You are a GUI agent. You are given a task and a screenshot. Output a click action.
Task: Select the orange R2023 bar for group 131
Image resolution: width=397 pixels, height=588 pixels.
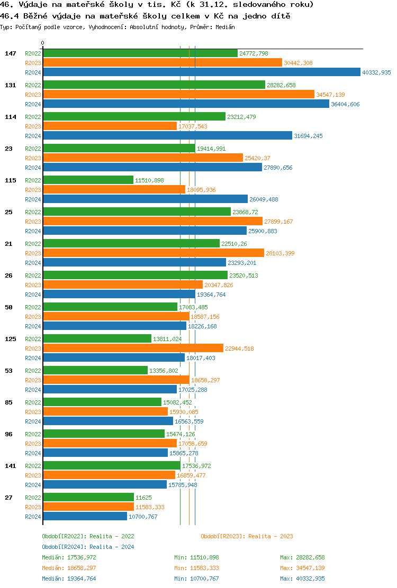coord(178,95)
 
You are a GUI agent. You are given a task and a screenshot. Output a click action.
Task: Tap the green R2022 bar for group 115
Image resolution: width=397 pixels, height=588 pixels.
coord(88,180)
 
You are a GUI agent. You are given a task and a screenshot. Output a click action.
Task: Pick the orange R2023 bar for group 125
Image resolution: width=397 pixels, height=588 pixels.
coord(133,348)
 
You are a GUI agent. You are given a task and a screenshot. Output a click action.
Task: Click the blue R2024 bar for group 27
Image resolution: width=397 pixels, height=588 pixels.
coord(85,517)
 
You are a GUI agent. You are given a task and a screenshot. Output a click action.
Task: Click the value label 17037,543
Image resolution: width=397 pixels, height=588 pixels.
coord(193,126)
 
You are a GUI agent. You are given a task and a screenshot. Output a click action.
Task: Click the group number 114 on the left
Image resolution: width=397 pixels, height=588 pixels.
coord(11,117)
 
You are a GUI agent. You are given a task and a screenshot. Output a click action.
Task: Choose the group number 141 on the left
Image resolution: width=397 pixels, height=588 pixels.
coord(11,466)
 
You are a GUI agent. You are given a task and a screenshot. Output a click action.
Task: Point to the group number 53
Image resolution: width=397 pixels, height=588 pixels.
coord(9,371)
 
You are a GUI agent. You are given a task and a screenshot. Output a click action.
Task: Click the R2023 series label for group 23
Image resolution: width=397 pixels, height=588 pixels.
coord(33,158)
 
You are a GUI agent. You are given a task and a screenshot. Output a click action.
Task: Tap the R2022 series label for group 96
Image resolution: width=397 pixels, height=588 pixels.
coord(33,434)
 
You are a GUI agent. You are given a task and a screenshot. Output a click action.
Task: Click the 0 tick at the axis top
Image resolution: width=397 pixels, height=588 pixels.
coord(43,43)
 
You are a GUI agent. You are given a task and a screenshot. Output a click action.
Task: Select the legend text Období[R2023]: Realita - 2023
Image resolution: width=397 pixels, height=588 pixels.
coord(247,536)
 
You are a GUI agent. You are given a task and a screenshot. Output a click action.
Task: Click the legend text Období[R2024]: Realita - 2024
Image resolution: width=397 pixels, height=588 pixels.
coord(88,547)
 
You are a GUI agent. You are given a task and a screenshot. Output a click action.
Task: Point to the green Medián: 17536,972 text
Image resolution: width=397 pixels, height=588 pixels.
coord(69,557)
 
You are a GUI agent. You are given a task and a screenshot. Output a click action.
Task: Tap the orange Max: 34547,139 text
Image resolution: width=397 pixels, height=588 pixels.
coord(302,568)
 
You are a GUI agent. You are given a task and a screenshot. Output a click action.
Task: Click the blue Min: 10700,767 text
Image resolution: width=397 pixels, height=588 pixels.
coord(196,578)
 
